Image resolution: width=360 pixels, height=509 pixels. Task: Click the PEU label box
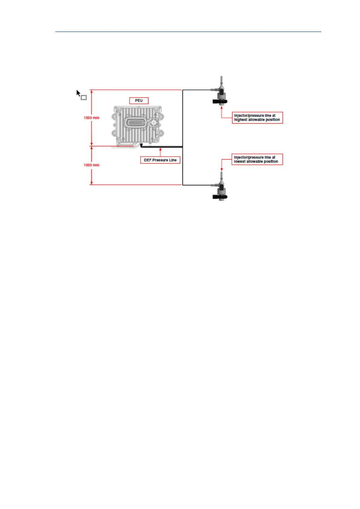pos(139,101)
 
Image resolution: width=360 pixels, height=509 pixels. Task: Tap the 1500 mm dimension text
pos(91,118)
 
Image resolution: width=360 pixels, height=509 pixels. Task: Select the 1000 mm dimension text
pos(91,165)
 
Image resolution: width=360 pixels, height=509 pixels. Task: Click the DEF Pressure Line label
pos(160,160)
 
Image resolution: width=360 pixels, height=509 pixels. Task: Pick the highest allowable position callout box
pos(257,118)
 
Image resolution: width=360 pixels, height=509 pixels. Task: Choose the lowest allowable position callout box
pos(257,159)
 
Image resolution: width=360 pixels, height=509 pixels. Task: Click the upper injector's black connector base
pos(220,102)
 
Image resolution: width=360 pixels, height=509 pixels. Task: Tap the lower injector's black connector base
pos(220,197)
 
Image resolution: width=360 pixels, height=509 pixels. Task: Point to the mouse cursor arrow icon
pos(78,93)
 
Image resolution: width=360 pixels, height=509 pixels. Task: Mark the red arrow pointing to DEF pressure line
pos(160,151)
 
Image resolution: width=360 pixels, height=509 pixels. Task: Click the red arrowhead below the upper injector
pos(222,108)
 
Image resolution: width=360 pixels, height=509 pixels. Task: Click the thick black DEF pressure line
pos(163,147)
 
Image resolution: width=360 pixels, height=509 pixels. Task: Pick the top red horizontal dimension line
pos(136,90)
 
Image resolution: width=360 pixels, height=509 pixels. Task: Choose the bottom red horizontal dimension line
pos(136,185)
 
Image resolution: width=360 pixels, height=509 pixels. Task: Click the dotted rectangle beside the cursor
pos(84,98)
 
